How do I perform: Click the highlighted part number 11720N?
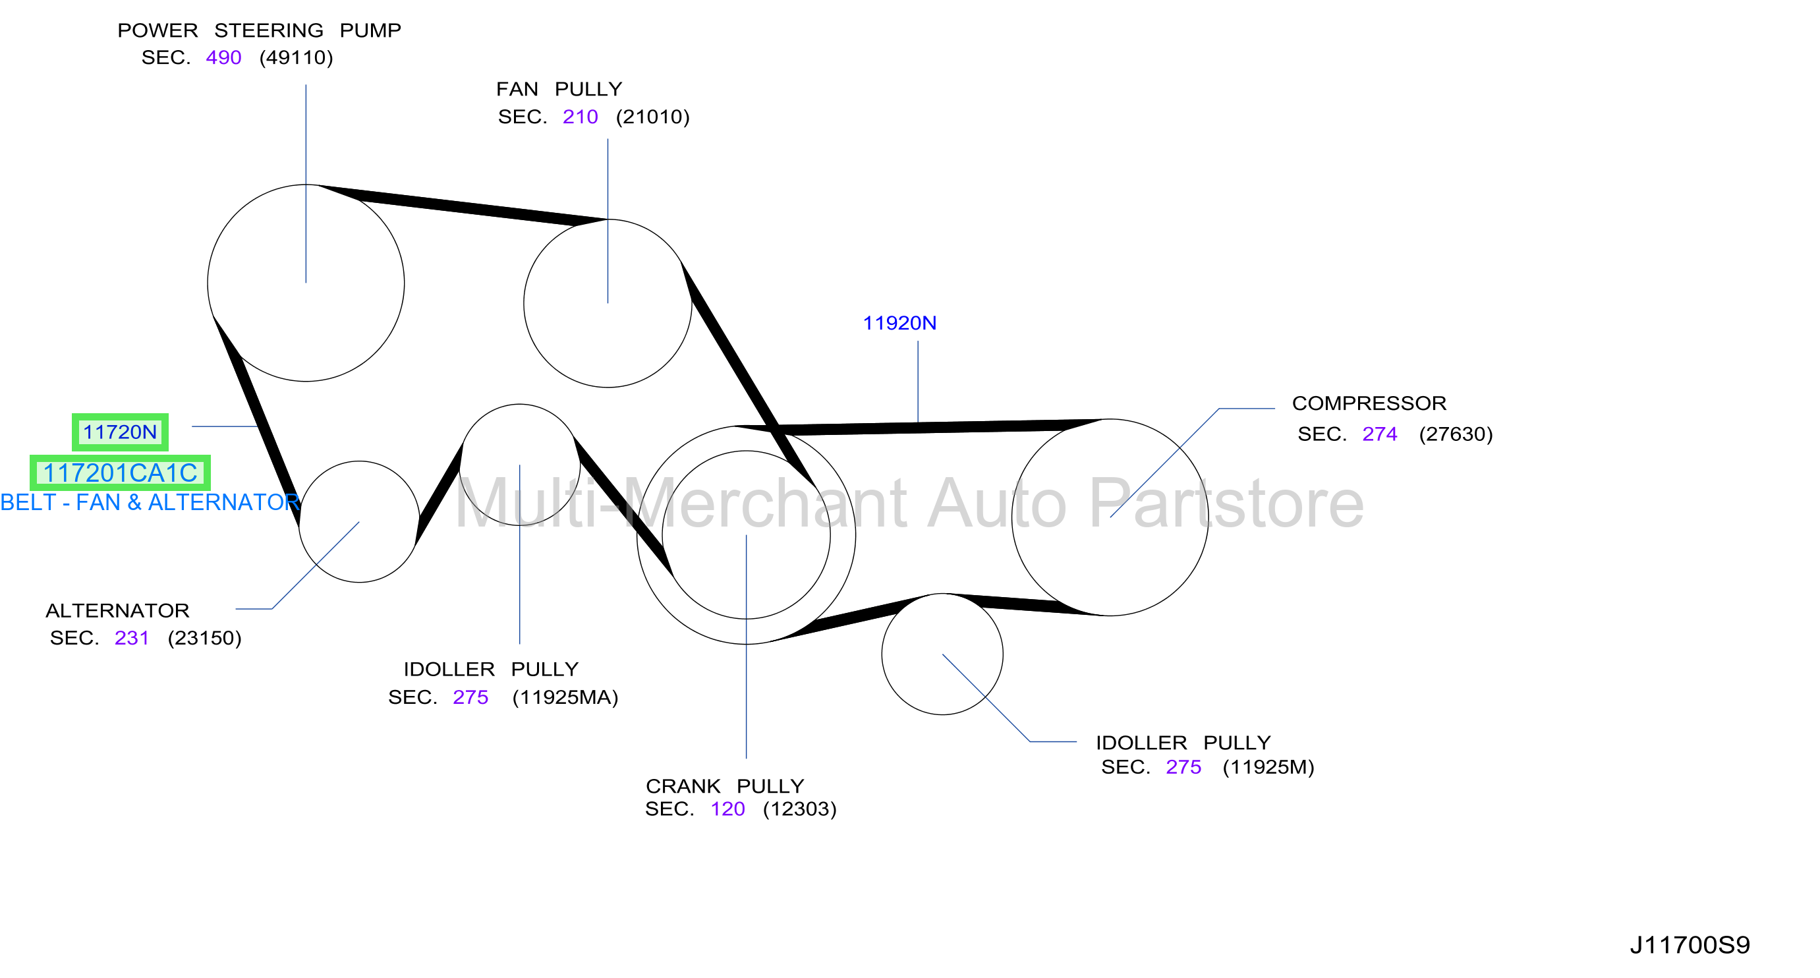(120, 432)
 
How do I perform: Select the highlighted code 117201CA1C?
(120, 473)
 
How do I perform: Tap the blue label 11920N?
(899, 323)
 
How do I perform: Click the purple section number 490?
(223, 57)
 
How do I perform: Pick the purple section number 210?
(580, 117)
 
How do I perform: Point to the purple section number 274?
(1380, 434)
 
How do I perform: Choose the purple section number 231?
(131, 638)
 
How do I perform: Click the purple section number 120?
(727, 809)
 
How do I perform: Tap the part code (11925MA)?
(565, 697)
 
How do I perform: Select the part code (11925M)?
(1268, 767)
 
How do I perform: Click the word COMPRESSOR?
(1369, 403)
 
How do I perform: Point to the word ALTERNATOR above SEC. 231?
(117, 610)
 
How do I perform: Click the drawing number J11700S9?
(1690, 945)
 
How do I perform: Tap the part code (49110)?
(296, 57)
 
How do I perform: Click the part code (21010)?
(653, 117)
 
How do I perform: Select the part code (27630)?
(1456, 434)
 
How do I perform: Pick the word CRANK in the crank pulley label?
(683, 786)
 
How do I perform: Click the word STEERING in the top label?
(268, 30)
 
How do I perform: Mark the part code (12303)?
(800, 809)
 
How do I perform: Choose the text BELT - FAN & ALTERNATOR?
(150, 502)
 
